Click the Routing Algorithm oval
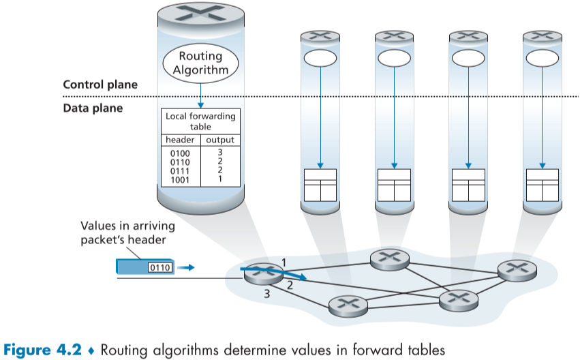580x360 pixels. point(200,63)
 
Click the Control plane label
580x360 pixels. point(100,85)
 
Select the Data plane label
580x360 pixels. point(93,108)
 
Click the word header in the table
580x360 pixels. point(181,140)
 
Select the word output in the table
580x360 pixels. point(220,140)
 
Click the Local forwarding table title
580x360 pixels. point(200,121)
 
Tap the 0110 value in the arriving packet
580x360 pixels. point(159,267)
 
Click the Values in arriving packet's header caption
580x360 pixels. point(127,232)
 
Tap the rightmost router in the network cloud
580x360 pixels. point(517,270)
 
